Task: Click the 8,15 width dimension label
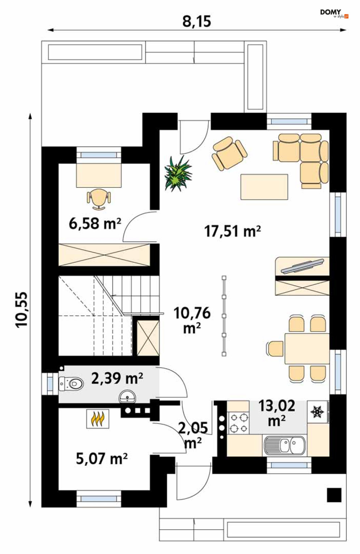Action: tap(197, 21)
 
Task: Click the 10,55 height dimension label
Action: tap(22, 310)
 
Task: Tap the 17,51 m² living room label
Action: tap(232, 231)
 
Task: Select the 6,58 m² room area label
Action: tap(95, 223)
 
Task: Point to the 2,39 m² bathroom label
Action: tap(117, 378)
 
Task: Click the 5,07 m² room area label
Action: tap(102, 458)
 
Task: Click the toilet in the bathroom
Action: tap(71, 384)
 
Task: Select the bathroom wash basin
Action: tap(128, 397)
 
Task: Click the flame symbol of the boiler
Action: tap(98, 418)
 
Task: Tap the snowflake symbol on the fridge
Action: tap(317, 412)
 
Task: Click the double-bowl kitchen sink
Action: tap(285, 445)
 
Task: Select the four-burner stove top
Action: tap(238, 422)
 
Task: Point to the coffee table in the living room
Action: tap(264, 187)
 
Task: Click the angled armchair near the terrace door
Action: tap(229, 153)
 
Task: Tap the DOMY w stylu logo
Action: tap(334, 14)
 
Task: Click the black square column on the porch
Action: tap(334, 495)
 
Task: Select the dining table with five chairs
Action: tap(297, 349)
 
